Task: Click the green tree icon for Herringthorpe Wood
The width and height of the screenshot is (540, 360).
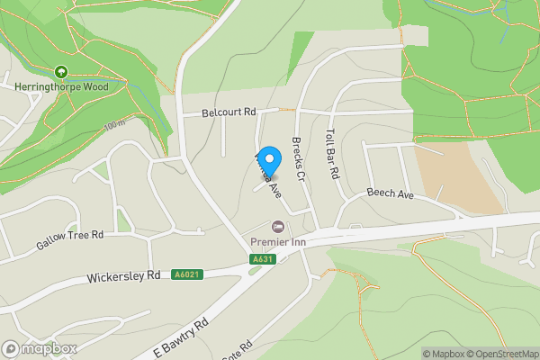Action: click(61, 72)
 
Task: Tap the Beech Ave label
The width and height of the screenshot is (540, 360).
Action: click(389, 194)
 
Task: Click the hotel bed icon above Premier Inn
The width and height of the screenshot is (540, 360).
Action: click(278, 225)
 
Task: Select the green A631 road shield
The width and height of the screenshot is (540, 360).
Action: click(262, 259)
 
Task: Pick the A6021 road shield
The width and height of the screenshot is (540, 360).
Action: click(187, 274)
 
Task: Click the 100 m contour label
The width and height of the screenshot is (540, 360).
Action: click(115, 125)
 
